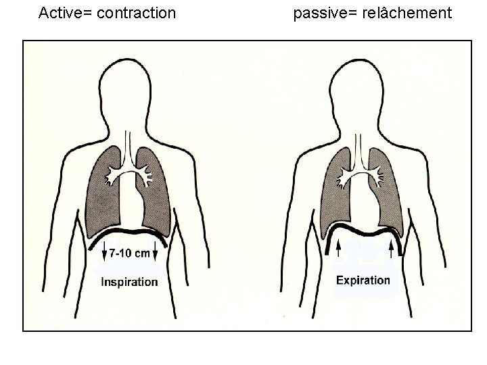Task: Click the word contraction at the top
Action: [x=137, y=13]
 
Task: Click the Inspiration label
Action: [x=129, y=282]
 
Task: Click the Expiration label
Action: [x=363, y=280]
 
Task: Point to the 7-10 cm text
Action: [x=129, y=254]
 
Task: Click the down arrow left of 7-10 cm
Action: [x=103, y=255]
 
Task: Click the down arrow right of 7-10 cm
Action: [x=156, y=255]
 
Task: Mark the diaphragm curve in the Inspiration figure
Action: [x=129, y=235]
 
